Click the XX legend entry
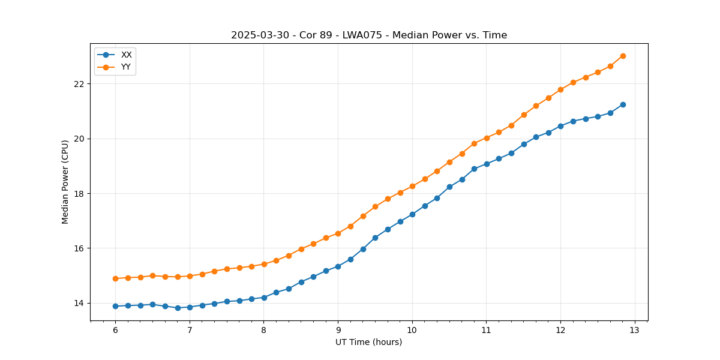pos(126,55)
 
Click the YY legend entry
pos(126,67)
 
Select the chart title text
pos(369,35)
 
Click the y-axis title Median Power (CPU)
pos(65,182)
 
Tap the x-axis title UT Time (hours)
pos(369,342)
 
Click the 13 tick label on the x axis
pos(635,330)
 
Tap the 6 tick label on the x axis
pos(115,330)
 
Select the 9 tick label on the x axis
pos(338,330)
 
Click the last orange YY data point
pos(623,56)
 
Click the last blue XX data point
pos(623,104)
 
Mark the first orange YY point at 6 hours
pos(115,278)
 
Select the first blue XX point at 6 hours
pos(115,306)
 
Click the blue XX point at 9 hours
pos(338,266)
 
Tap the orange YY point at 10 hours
pos(412,186)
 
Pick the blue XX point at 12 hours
pos(560,126)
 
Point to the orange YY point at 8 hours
pos(264,264)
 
